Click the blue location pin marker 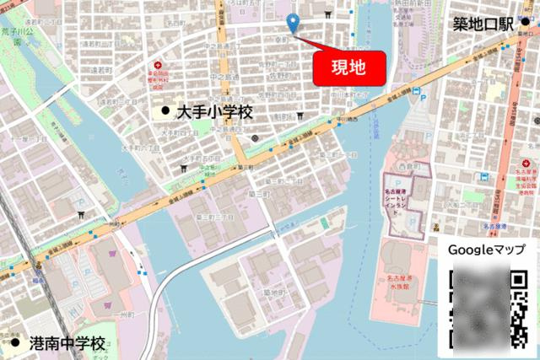(x=294, y=24)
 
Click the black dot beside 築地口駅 (x=526, y=22)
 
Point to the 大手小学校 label (x=214, y=111)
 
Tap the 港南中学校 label (x=67, y=343)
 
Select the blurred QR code (x=487, y=308)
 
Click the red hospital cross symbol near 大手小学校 (x=155, y=66)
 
